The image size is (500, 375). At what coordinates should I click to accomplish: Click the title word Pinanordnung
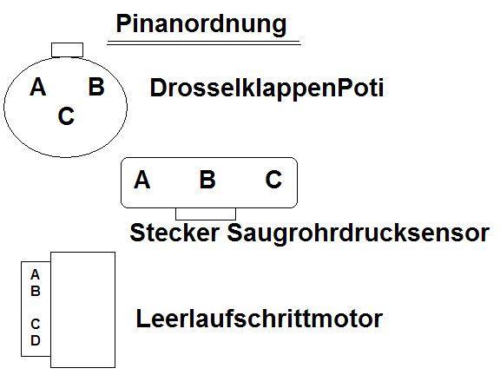pyautogui.click(x=201, y=24)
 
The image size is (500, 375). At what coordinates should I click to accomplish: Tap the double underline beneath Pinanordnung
pyautogui.click(x=204, y=43)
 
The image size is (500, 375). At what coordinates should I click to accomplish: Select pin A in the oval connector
pyautogui.click(x=38, y=87)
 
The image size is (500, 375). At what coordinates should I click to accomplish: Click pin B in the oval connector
pyautogui.click(x=96, y=87)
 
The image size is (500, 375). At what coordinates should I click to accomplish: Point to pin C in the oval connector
pyautogui.click(x=66, y=115)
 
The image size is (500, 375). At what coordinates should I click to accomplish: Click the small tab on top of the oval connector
pyautogui.click(x=68, y=50)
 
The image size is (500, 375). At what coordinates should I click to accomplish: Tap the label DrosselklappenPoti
pyautogui.click(x=266, y=88)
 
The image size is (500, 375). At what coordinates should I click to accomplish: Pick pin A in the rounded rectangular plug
pyautogui.click(x=141, y=180)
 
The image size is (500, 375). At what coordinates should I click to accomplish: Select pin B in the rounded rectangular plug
pyautogui.click(x=207, y=179)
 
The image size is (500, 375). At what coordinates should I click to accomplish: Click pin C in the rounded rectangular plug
pyautogui.click(x=273, y=179)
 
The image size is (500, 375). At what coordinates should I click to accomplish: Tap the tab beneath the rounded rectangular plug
pyautogui.click(x=206, y=214)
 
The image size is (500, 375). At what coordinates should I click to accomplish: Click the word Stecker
pyautogui.click(x=174, y=233)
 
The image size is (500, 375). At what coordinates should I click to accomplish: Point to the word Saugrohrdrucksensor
pyautogui.click(x=359, y=234)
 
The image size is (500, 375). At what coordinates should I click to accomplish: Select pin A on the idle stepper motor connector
pyautogui.click(x=35, y=274)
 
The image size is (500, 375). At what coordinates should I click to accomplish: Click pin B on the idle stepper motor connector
pyautogui.click(x=36, y=291)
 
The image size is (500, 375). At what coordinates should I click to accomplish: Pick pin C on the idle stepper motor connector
pyautogui.click(x=36, y=324)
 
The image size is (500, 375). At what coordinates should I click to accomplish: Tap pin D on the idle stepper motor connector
pyautogui.click(x=36, y=340)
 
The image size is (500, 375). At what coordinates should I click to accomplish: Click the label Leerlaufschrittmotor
pyautogui.click(x=260, y=319)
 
